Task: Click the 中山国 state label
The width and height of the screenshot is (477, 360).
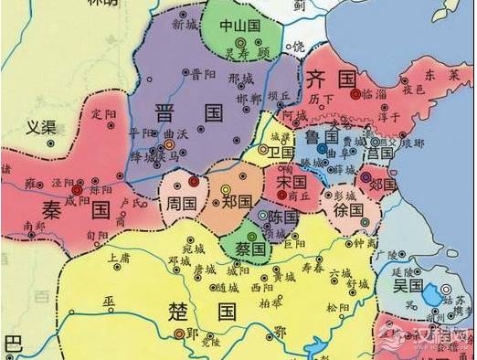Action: (241, 26)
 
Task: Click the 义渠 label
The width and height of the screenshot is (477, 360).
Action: (40, 127)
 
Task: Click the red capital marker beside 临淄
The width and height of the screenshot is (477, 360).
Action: (355, 94)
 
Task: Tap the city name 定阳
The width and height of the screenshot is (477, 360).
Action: (105, 114)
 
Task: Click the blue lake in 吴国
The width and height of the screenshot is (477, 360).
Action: (429, 295)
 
